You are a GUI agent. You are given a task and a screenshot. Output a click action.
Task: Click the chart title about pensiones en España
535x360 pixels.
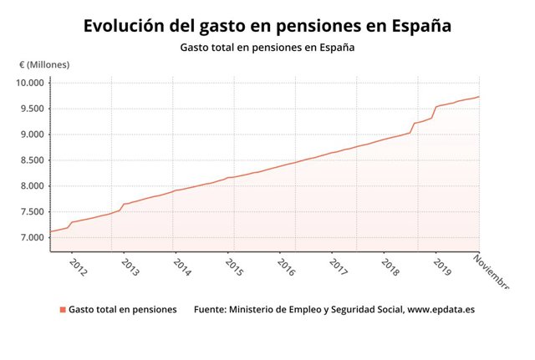267,26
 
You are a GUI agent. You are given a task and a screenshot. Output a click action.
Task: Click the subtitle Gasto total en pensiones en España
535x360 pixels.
267,47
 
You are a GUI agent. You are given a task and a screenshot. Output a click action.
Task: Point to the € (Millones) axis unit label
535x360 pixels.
45,64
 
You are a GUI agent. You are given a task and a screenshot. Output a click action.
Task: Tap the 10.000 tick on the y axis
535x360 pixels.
30,83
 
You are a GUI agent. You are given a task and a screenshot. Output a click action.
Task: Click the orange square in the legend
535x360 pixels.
62,310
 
